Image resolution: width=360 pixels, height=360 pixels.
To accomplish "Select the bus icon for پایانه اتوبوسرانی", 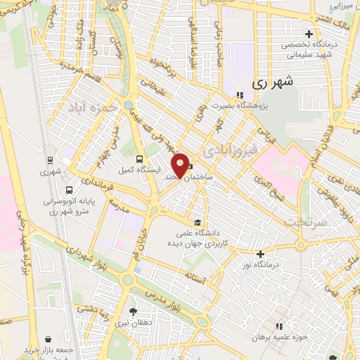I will [69, 189].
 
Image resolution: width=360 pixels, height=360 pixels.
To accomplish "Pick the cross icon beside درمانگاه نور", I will [260, 254].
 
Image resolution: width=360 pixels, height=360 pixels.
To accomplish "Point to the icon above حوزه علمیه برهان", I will [279, 327].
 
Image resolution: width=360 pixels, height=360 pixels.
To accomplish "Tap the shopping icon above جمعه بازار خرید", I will [47, 338].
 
